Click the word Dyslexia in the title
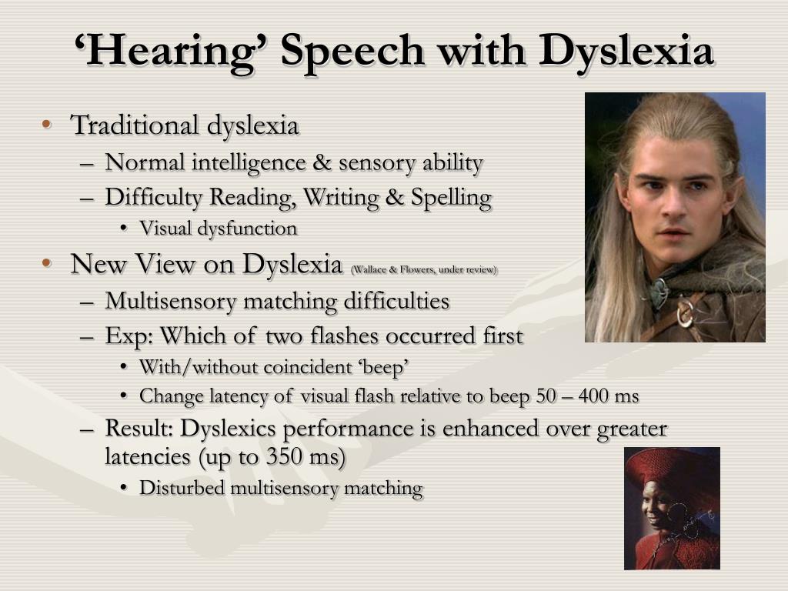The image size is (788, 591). click(x=626, y=52)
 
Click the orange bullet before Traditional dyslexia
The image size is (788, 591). click(x=47, y=124)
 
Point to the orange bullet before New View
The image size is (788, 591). click(x=47, y=262)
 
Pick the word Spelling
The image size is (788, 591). click(x=451, y=198)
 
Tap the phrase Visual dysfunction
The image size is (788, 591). click(x=219, y=229)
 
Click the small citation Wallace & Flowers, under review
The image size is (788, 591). click(x=424, y=270)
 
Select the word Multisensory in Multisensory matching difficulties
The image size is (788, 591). click(x=171, y=302)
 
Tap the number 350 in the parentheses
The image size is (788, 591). click(x=284, y=456)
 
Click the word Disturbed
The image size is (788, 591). click(x=182, y=488)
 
